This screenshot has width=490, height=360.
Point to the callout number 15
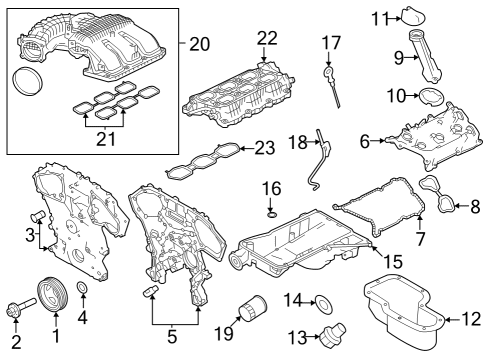pyautogui.click(x=394, y=261)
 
